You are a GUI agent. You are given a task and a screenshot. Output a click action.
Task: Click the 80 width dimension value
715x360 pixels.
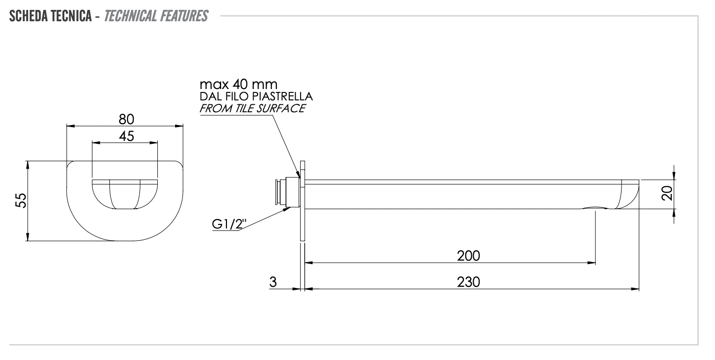pos(127,119)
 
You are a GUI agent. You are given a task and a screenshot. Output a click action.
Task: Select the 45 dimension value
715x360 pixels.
pos(127,136)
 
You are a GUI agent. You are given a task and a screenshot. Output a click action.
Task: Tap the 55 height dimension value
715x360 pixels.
pos(21,200)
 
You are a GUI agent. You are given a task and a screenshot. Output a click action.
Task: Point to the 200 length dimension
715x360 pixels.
pos(468,256)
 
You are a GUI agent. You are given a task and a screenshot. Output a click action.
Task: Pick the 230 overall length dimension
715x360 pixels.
pos(468,282)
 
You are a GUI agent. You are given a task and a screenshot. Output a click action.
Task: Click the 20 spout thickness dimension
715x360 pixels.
pos(667,193)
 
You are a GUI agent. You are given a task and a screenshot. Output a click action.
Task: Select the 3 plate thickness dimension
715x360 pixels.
pos(273,282)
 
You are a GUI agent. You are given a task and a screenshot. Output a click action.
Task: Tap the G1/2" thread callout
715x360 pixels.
pos(229,224)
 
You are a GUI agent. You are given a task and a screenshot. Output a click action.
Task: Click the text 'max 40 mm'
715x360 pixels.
pos(238,84)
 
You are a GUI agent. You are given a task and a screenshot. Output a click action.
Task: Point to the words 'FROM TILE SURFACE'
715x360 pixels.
pos(252,108)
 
